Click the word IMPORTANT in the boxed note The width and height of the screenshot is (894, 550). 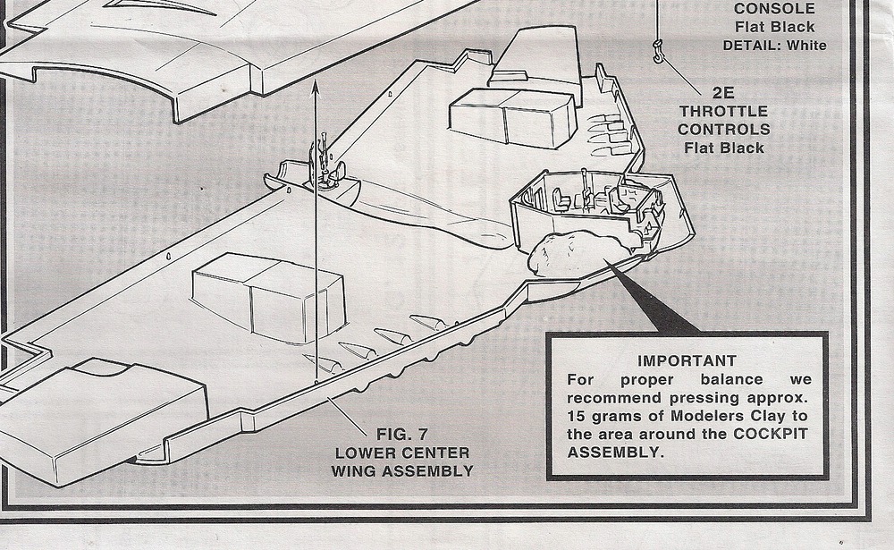pos(687,361)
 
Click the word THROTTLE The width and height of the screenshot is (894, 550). pos(723,111)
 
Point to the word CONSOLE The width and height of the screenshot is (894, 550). pos(773,10)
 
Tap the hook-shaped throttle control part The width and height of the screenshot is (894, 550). pos(659,52)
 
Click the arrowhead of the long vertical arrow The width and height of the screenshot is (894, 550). pos(316,84)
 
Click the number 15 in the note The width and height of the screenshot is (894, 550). pos(578,416)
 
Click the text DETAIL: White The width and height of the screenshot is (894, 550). pos(774,45)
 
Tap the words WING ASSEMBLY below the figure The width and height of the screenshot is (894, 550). pos(401,470)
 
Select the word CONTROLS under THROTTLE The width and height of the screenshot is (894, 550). pos(723,130)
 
